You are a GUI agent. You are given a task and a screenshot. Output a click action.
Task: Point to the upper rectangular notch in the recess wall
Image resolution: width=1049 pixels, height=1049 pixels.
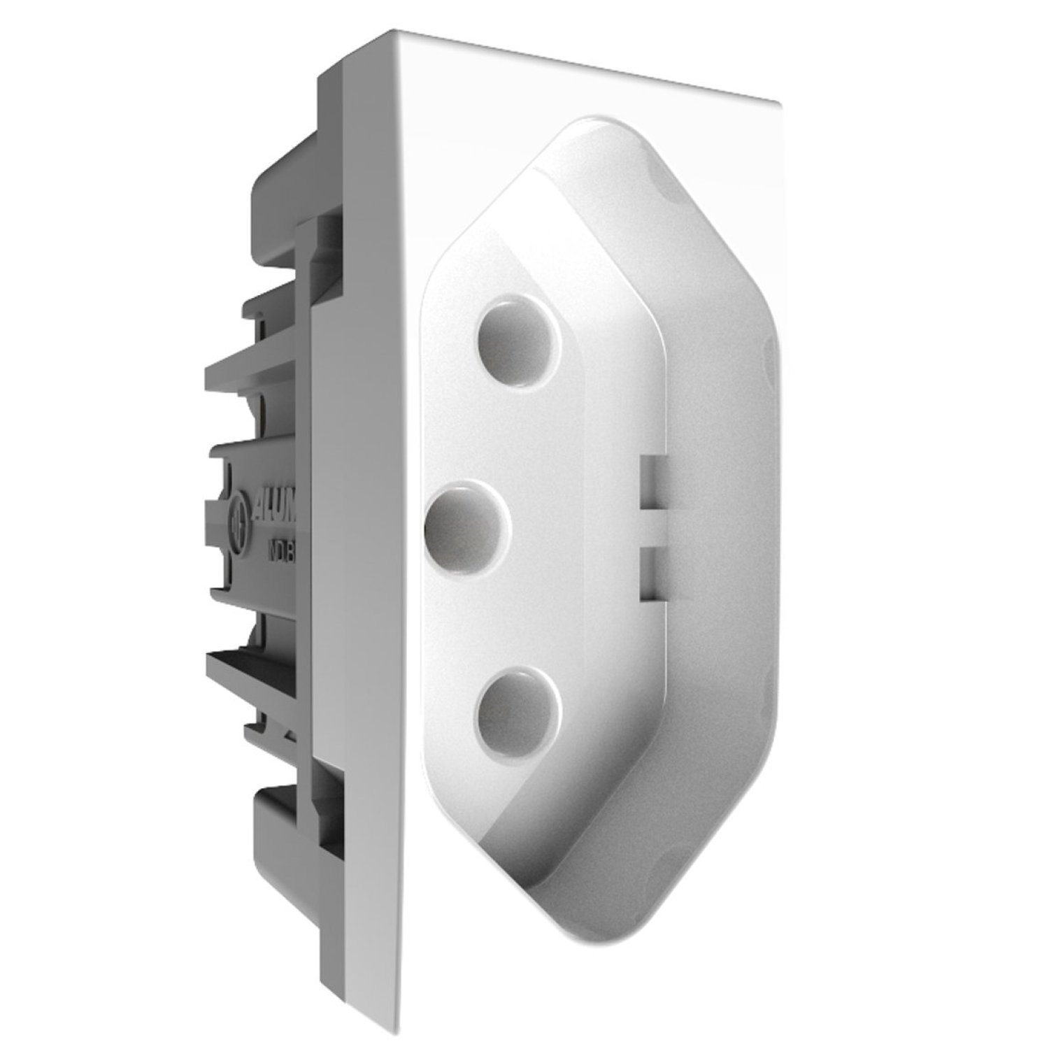coord(651,482)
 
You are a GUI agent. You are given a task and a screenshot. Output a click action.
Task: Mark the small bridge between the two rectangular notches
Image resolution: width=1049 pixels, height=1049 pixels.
coord(650,527)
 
